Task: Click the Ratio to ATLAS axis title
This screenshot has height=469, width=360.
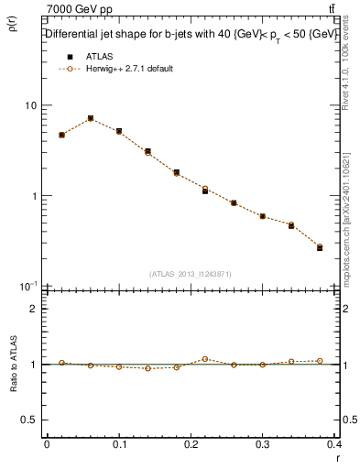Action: click(15, 393)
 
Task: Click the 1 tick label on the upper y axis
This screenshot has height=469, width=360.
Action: click(34, 196)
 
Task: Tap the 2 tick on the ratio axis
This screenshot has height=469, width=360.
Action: click(34, 309)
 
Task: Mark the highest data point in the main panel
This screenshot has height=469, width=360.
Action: click(90, 118)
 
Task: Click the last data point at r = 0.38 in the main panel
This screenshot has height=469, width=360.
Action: click(320, 247)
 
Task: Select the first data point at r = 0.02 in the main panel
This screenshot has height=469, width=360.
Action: click(61, 135)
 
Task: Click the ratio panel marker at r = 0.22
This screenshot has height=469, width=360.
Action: click(205, 359)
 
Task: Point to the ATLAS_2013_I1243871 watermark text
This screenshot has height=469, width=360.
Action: click(190, 274)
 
